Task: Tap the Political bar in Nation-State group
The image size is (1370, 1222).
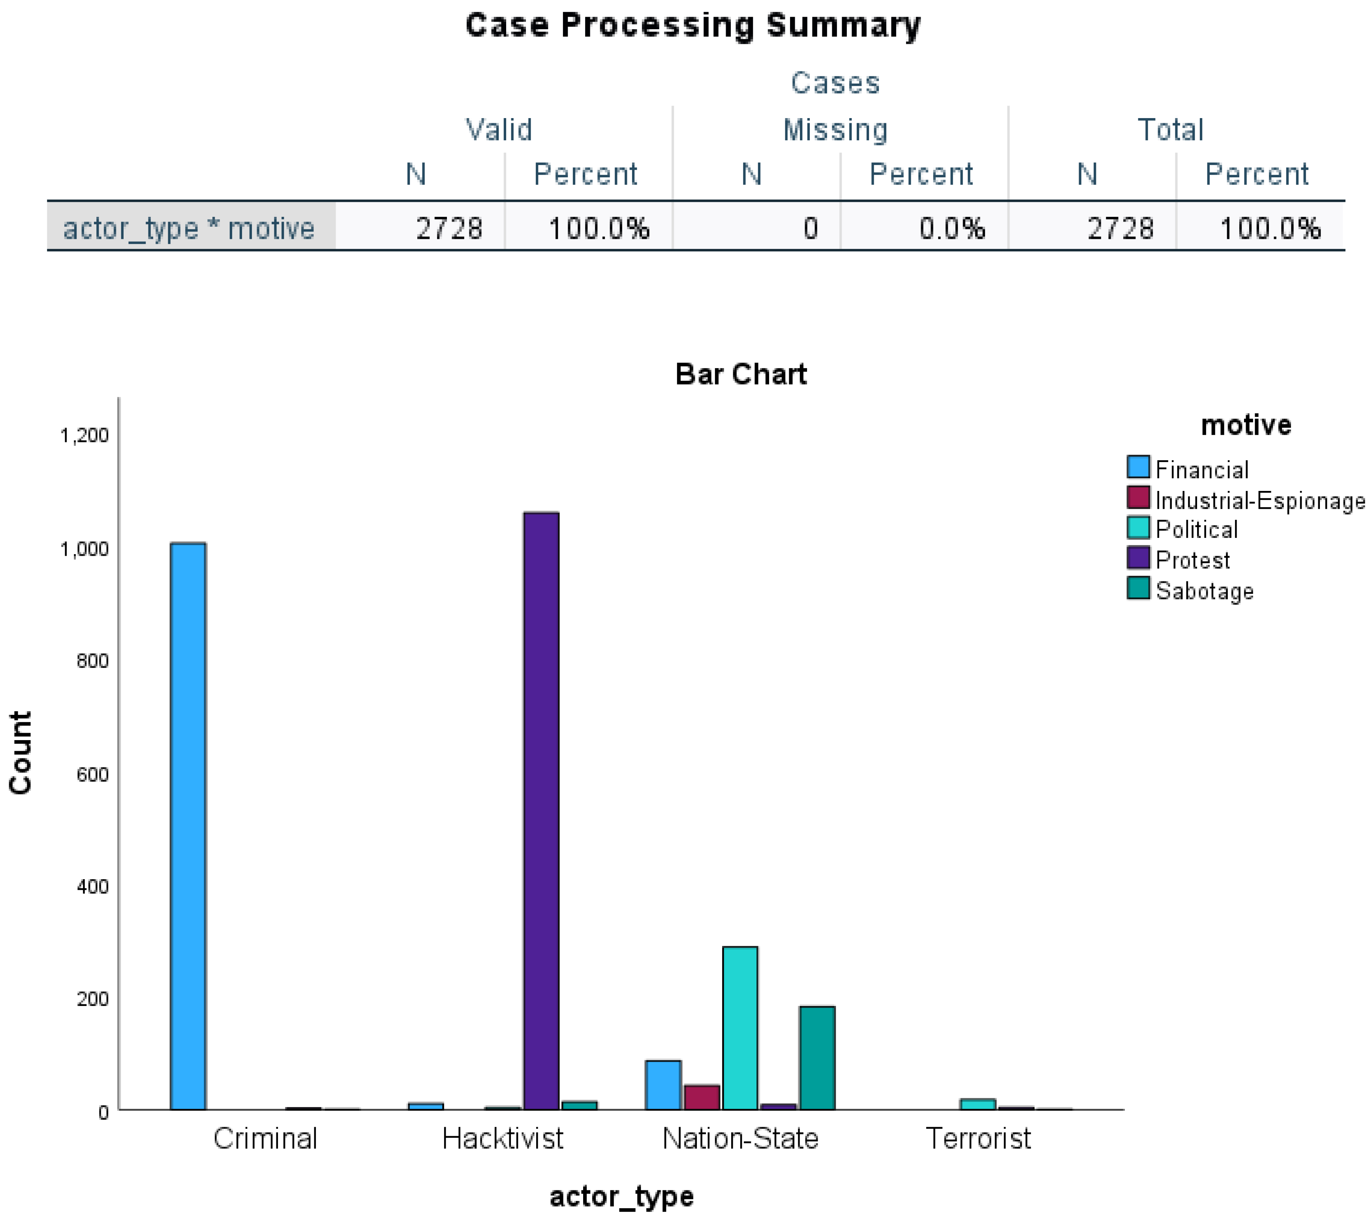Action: coord(740,1027)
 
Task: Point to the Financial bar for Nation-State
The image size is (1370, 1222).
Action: coord(663,1085)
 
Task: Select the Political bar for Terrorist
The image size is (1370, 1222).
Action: coord(977,1104)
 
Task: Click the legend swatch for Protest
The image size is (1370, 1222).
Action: coord(1138,558)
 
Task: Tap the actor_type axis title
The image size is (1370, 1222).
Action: coord(621,1196)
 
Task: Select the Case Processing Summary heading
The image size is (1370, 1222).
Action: coord(693,26)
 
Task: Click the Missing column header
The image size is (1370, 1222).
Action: coord(835,130)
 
